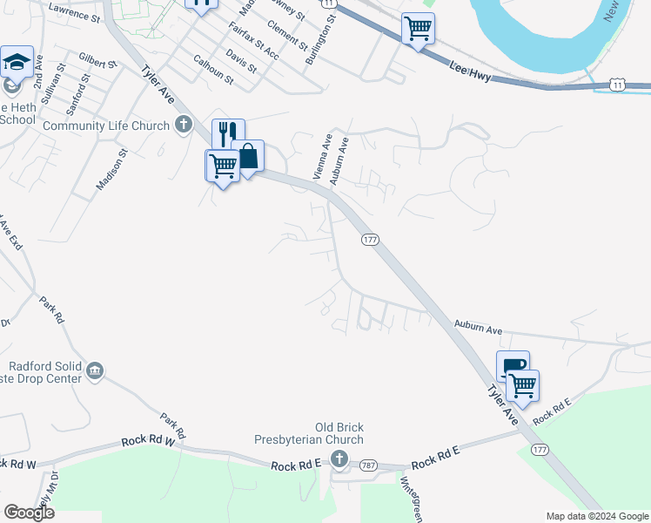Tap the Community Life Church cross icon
[183, 125]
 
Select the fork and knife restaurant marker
[228, 134]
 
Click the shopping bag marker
[248, 157]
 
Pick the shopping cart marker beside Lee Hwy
[418, 29]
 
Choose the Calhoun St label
[213, 69]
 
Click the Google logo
[29, 513]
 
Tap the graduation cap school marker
[17, 63]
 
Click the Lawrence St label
[75, 10]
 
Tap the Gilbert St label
[97, 62]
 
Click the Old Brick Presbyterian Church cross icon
[339, 459]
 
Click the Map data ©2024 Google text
[596, 515]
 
